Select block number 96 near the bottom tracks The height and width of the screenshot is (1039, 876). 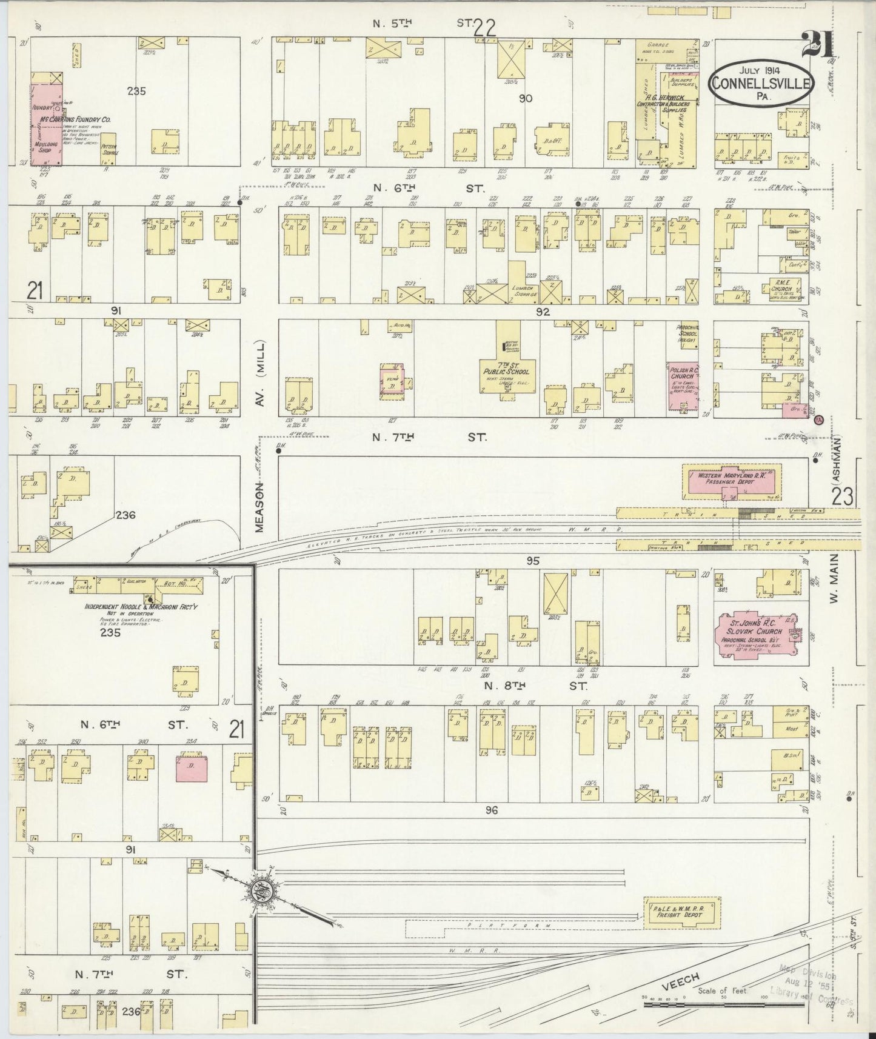491,810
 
